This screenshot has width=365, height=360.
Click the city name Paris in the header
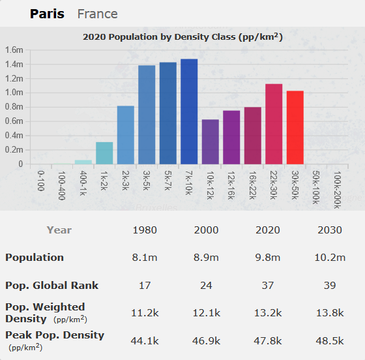tap(47, 14)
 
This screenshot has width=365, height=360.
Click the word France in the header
tap(97, 14)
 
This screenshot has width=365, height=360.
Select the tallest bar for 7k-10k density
tap(189, 112)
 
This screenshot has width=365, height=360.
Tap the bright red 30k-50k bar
tap(295, 127)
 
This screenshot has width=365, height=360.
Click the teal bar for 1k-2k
tap(104, 153)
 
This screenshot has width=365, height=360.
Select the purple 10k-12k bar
tap(210, 142)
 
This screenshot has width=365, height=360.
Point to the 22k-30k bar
tap(274, 124)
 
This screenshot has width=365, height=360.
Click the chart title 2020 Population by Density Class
tap(182, 37)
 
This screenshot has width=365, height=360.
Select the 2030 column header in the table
tap(329, 230)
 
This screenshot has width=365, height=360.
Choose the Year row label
tap(59, 230)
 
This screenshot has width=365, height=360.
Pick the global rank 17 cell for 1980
tap(145, 285)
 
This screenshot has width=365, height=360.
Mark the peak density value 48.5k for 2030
tap(329, 340)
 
